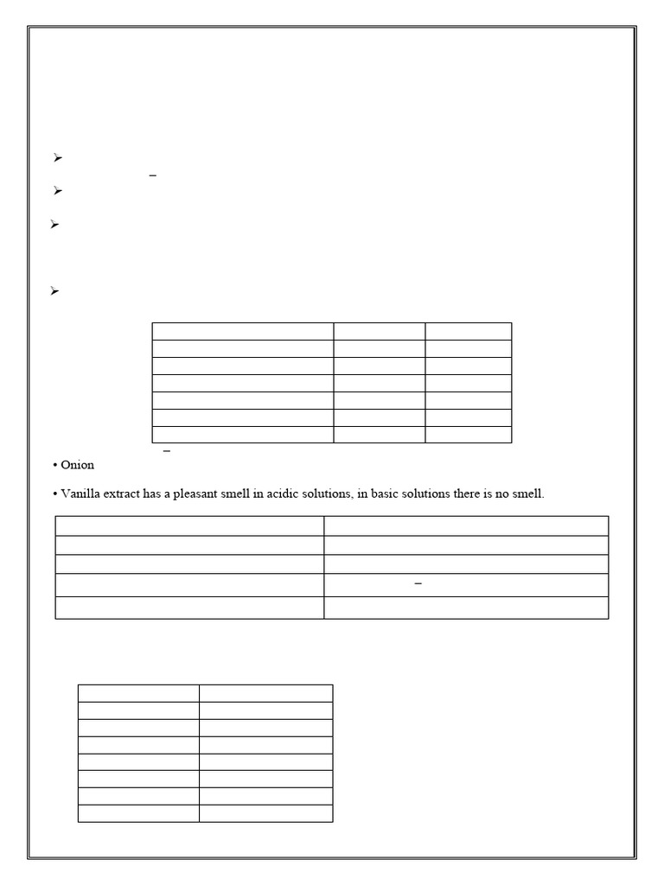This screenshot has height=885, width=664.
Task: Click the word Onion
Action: (77, 466)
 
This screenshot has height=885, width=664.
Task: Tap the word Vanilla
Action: (81, 494)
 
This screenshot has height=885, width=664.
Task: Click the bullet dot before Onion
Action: (55, 466)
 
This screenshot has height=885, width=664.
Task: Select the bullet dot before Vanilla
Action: (55, 494)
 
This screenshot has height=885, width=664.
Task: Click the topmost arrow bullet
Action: (57, 158)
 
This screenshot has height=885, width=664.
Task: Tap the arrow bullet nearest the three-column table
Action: (54, 291)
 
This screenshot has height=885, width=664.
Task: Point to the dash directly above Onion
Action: (167, 451)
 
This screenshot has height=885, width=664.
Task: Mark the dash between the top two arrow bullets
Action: (153, 175)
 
